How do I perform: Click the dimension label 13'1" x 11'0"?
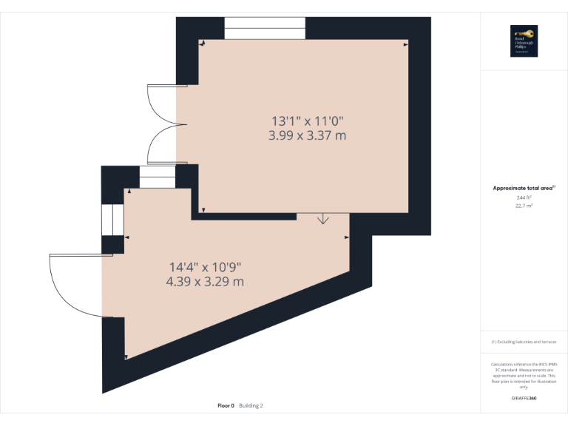(x=308, y=121)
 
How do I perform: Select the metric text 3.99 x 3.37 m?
(x=308, y=135)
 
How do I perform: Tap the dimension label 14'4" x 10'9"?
(x=206, y=266)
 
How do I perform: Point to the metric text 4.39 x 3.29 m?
(x=206, y=281)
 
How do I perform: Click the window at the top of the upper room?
(x=265, y=28)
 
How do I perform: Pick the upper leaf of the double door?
(x=161, y=104)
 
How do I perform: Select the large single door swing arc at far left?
(x=74, y=285)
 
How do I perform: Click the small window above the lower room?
(x=158, y=177)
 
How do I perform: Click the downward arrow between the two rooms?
(x=323, y=219)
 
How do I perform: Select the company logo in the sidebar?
(x=524, y=41)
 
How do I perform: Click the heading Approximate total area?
(x=523, y=189)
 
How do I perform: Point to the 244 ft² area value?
(x=524, y=197)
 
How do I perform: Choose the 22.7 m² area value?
(x=524, y=206)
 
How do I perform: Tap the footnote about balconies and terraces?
(x=524, y=342)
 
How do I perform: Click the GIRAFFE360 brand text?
(x=524, y=399)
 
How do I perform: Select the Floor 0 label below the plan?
(x=226, y=405)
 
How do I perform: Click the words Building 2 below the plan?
(x=251, y=405)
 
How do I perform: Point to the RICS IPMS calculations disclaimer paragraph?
(x=524, y=376)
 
